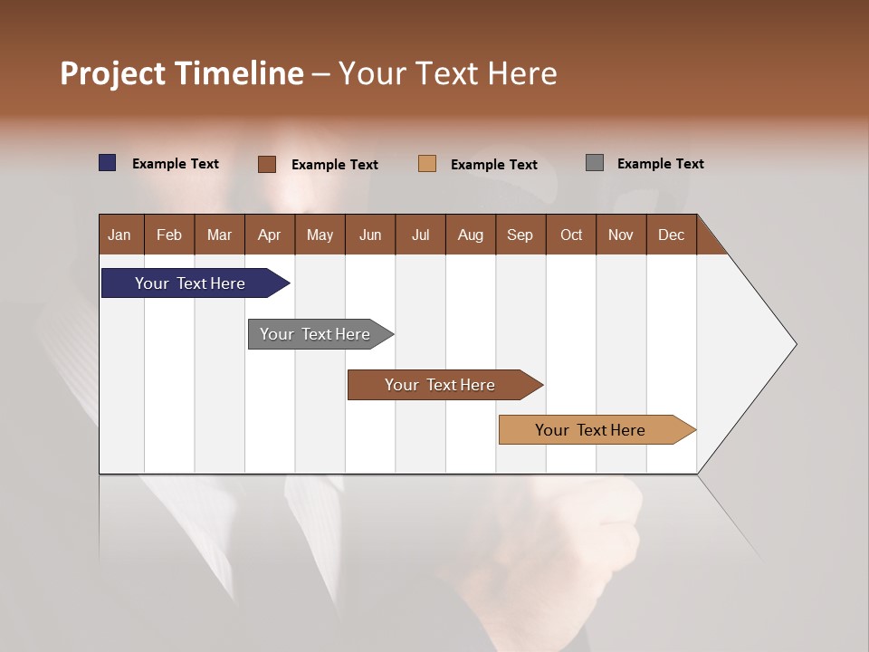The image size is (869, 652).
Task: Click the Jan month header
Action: [120, 235]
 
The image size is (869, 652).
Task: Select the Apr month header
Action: [270, 235]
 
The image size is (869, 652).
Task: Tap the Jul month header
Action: [420, 235]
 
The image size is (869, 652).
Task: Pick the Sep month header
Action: [520, 235]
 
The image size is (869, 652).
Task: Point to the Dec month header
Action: [671, 235]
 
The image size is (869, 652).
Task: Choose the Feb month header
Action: [169, 235]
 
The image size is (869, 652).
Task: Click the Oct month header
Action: [571, 235]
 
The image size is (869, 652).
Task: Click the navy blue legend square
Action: [108, 163]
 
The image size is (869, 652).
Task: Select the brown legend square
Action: [266, 164]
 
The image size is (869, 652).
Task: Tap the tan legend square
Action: [427, 163]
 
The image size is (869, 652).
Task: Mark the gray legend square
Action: [595, 163]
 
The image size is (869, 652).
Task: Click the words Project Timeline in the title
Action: [182, 73]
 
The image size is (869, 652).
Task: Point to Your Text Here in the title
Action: [448, 73]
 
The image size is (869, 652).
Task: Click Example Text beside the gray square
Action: [660, 164]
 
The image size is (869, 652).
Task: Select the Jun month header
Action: [370, 235]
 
